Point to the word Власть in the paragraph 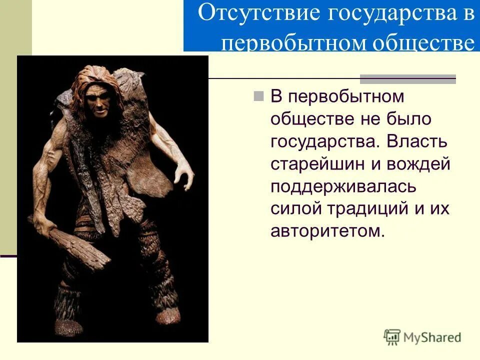418,141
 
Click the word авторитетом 328,231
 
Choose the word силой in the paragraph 292,209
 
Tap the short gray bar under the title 408,78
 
